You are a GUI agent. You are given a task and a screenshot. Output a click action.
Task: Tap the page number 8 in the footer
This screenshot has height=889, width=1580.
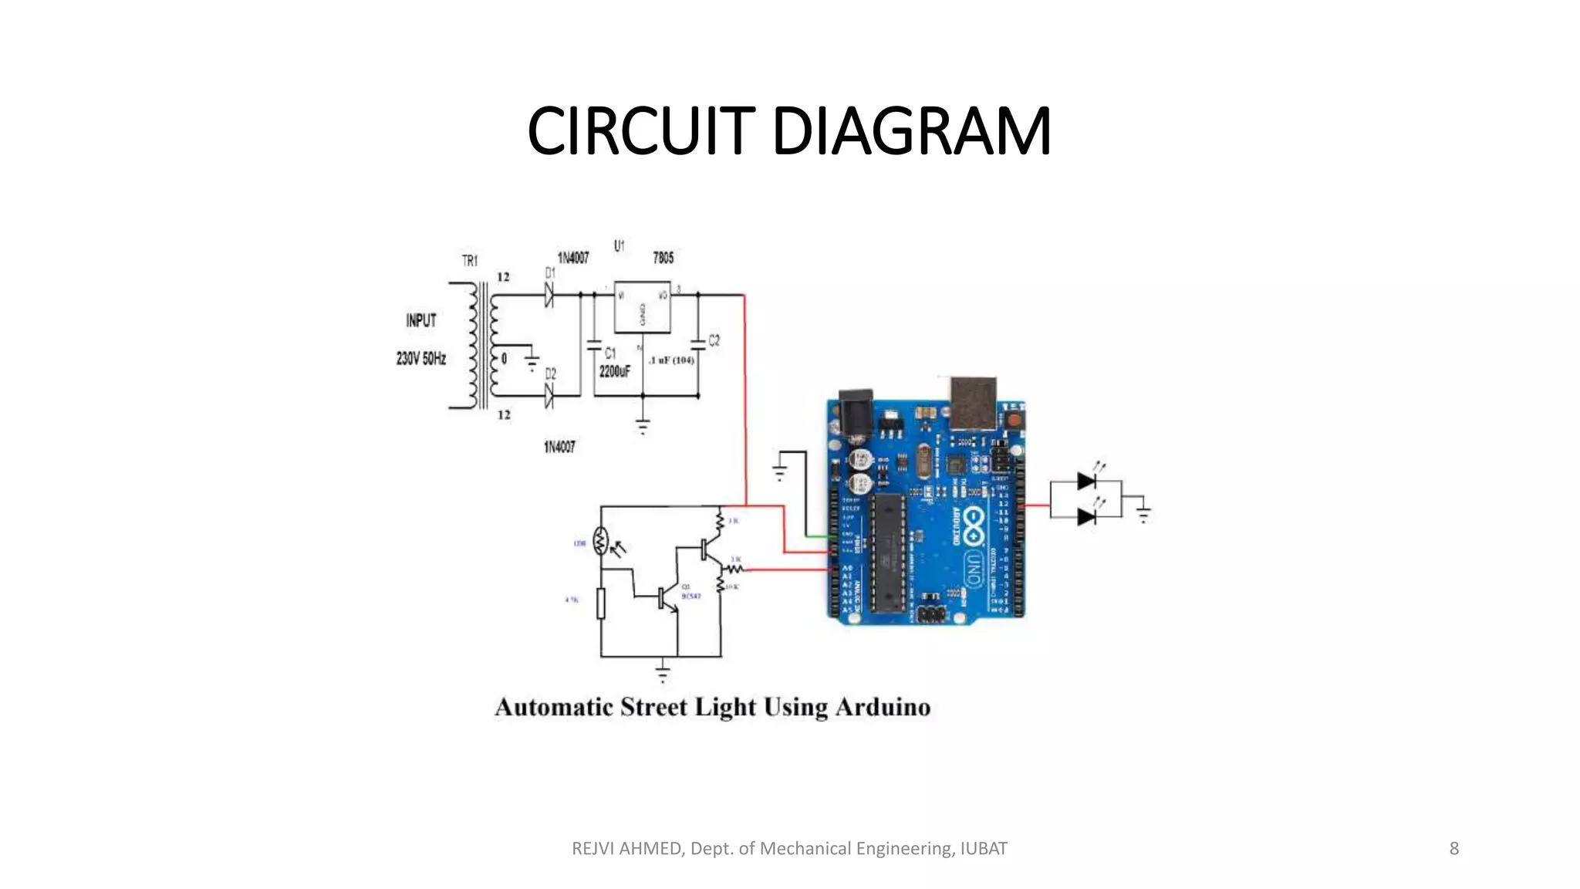click(x=1453, y=849)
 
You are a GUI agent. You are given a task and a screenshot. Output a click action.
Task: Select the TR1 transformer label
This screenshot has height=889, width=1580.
click(x=470, y=261)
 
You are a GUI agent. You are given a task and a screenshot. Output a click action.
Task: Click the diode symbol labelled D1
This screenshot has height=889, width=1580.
click(x=549, y=294)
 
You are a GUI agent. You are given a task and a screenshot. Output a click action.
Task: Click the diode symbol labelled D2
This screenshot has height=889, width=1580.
click(x=549, y=396)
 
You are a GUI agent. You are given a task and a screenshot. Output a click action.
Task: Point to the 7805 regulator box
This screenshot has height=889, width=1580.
click(x=642, y=307)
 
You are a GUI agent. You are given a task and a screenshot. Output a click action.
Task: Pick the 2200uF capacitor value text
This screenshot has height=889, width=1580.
click(x=614, y=372)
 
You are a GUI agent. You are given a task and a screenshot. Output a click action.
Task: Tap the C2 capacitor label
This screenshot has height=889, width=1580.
click(x=714, y=340)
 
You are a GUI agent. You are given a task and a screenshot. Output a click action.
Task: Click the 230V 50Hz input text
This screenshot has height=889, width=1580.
click(x=421, y=359)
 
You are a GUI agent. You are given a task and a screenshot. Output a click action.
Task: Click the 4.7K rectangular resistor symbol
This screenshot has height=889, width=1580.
click(x=601, y=603)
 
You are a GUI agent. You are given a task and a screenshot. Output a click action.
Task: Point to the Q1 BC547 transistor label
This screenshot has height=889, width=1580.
click(x=690, y=592)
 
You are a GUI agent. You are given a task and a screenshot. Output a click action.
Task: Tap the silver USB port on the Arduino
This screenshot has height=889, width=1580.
click(x=973, y=401)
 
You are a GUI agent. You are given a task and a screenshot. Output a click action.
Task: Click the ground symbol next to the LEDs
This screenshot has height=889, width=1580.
click(x=1143, y=513)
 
